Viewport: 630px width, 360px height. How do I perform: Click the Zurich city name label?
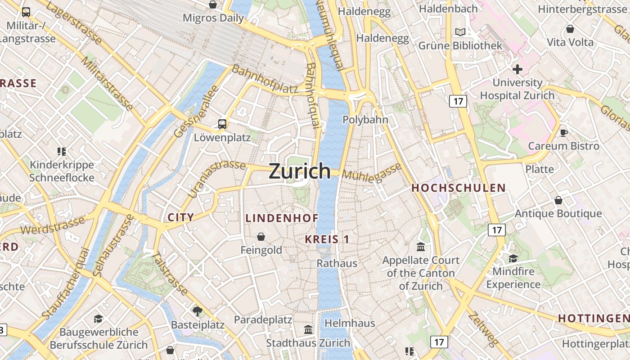(x=300, y=171)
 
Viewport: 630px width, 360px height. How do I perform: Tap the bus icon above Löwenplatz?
(x=222, y=124)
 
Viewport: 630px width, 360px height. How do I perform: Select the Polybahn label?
(x=365, y=120)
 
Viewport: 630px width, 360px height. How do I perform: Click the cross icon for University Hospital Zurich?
(x=517, y=69)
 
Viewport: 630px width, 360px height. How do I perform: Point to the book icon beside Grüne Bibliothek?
(x=460, y=32)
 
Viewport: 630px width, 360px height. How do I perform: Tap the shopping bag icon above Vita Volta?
(x=570, y=29)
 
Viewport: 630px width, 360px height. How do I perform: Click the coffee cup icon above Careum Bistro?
(x=563, y=132)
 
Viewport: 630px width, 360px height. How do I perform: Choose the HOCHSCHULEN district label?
(x=459, y=188)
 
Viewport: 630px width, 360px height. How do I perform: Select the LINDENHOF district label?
(x=282, y=218)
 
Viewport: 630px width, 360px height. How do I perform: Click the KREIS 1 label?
(x=327, y=239)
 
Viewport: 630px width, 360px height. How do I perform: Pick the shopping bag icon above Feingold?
(x=261, y=236)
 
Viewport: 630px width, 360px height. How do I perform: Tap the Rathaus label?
(x=337, y=263)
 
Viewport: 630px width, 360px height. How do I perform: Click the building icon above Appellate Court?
(x=421, y=247)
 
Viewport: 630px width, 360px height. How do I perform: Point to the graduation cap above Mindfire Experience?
(x=513, y=258)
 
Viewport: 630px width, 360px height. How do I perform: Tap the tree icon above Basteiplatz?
(x=197, y=311)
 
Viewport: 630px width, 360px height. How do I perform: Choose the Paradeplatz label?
(x=263, y=320)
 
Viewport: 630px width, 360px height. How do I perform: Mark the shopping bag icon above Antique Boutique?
(x=558, y=200)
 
